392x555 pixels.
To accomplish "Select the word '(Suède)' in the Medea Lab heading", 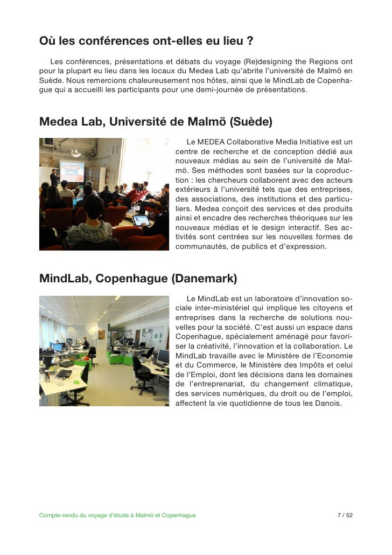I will pyautogui.click(x=251, y=122).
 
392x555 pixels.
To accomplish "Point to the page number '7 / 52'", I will pyautogui.click(x=345, y=515).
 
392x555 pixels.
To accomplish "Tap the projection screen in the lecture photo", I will pyautogui.click(x=72, y=171).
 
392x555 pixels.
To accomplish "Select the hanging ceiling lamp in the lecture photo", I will pyautogui.click(x=76, y=152).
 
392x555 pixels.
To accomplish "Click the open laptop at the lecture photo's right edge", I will pyautogui.click(x=141, y=220).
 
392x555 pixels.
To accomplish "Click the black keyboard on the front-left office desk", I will pyautogui.click(x=64, y=373).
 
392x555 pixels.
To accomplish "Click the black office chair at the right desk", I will pyautogui.click(x=142, y=374).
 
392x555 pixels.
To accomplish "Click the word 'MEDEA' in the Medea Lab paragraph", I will pyautogui.click(x=212, y=142).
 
